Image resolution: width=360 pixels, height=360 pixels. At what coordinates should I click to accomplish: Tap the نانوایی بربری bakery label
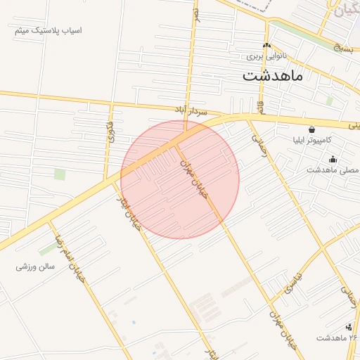(267, 55)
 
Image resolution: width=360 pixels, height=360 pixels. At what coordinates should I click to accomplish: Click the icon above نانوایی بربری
(266, 46)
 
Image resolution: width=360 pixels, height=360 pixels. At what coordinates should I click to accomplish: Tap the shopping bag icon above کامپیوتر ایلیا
(311, 129)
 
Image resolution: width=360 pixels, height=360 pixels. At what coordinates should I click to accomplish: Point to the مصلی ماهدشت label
(333, 170)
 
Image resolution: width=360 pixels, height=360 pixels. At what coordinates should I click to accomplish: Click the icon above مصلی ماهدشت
(333, 160)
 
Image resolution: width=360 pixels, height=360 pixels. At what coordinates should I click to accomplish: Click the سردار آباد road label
(191, 111)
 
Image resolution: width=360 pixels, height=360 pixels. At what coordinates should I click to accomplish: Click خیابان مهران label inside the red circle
(195, 179)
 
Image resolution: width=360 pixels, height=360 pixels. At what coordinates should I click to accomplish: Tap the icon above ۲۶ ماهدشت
(349, 327)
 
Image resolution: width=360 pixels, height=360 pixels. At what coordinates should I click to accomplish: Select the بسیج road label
(342, 49)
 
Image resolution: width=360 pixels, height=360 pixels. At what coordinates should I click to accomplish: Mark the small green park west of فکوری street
(60, 174)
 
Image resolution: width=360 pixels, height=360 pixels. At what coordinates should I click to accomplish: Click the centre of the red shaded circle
(180, 179)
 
